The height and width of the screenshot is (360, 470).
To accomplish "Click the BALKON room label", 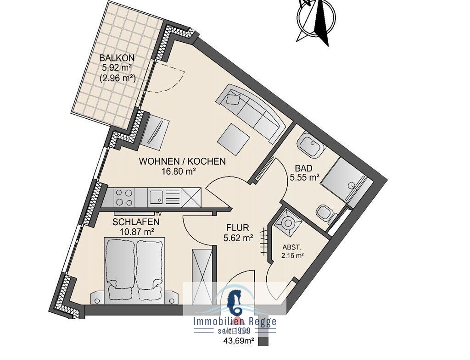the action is coord(117,57).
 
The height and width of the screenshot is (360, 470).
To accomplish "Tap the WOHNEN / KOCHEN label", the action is coord(182,161).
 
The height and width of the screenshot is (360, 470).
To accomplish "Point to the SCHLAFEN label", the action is coord(136,222).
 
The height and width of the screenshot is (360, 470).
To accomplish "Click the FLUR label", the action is coord(238,228).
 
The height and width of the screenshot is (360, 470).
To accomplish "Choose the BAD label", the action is coord(303,168).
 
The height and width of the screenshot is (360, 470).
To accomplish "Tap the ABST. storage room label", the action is coord(291,248).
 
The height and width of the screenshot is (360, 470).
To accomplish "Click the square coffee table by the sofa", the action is coord(234,138).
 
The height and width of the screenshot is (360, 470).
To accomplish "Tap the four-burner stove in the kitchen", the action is coord(124,197).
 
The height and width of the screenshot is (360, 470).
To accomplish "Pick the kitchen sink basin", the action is coord(157,197).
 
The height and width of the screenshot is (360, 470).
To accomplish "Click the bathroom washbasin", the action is coord(310,144).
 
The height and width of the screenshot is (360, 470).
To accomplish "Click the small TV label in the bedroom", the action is coord(158,214).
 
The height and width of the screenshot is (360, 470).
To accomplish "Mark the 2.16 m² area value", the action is coord(293,255).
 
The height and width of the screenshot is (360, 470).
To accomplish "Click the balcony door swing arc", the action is coord(177,80).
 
